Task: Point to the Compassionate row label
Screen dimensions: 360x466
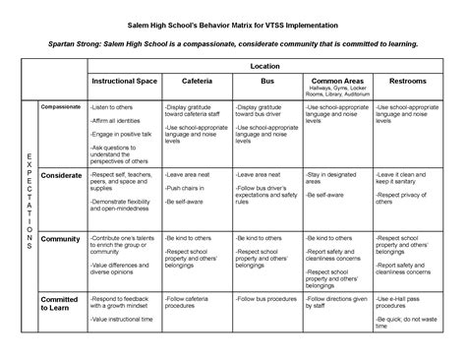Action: pos(61,104)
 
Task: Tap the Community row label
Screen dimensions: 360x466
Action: pos(60,239)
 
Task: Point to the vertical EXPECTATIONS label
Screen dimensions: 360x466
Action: pos(28,201)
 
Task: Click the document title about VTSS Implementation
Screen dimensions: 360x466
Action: pos(233,21)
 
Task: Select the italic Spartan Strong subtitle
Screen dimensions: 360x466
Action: pos(233,44)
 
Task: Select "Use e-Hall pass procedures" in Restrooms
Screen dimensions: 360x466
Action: pos(406,301)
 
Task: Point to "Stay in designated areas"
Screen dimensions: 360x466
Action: pos(333,177)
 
